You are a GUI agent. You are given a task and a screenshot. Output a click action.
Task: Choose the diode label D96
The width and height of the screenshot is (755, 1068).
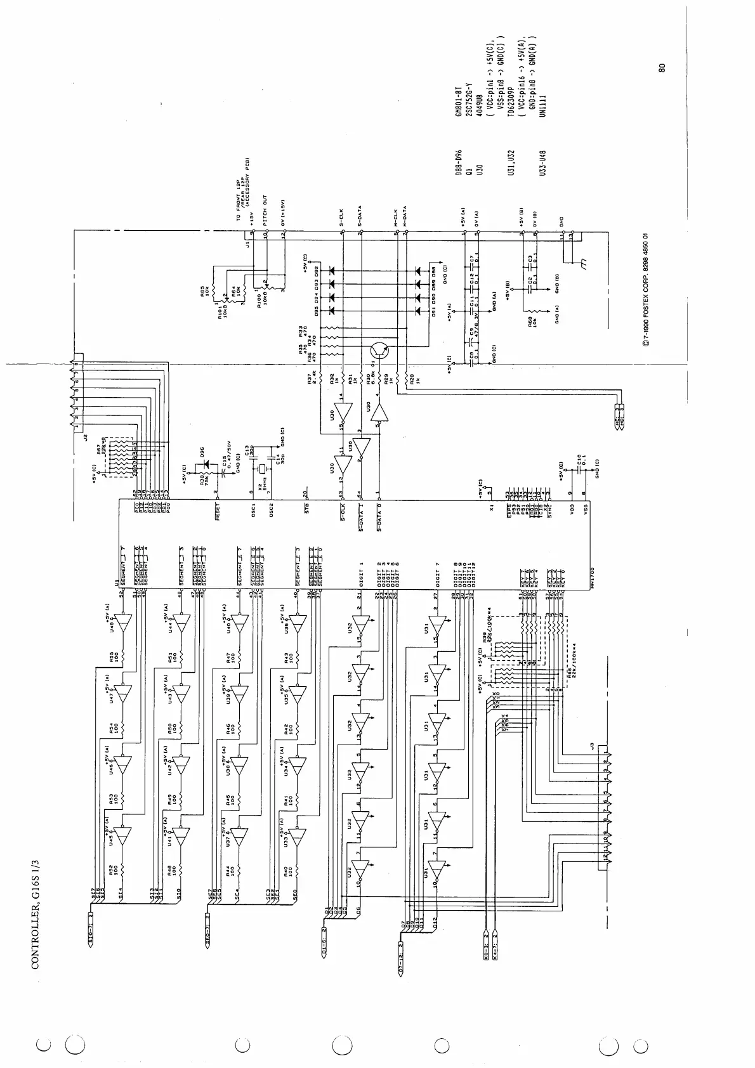[x=202, y=453]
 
